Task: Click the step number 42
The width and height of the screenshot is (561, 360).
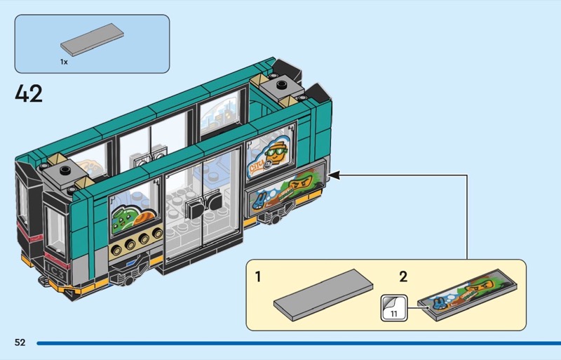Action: tap(29, 93)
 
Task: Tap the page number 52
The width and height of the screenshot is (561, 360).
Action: tap(20, 342)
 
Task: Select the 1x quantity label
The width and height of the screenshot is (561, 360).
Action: tap(64, 62)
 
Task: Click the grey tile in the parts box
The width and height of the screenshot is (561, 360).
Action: tap(92, 40)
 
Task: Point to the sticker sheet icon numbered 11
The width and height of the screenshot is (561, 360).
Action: tap(394, 307)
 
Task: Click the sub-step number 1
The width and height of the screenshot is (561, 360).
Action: tap(258, 277)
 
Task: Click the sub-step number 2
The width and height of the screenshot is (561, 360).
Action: tap(403, 277)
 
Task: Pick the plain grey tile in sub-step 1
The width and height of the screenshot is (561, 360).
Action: tap(323, 295)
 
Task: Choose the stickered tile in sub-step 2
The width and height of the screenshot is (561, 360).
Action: tap(469, 295)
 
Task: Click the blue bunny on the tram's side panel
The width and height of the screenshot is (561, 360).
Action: tap(259, 202)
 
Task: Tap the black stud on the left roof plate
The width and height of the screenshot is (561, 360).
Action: tap(65, 170)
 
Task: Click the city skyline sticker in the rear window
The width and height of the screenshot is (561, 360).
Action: tap(220, 114)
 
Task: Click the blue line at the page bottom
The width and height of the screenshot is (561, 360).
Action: tap(299, 343)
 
